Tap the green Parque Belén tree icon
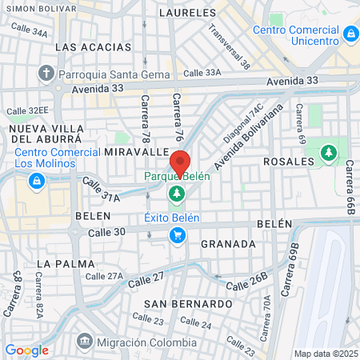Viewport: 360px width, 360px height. pos(176,193)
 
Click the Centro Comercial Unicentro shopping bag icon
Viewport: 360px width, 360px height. pos(350,34)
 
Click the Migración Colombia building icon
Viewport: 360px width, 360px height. pos(83,342)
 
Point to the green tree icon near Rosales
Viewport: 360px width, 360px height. pos(328,153)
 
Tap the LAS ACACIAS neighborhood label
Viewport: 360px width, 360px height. pos(87,47)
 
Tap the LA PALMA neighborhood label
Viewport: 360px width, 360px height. pos(66,263)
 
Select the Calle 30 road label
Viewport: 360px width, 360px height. pos(108,232)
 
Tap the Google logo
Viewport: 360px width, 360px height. pos(26,350)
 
